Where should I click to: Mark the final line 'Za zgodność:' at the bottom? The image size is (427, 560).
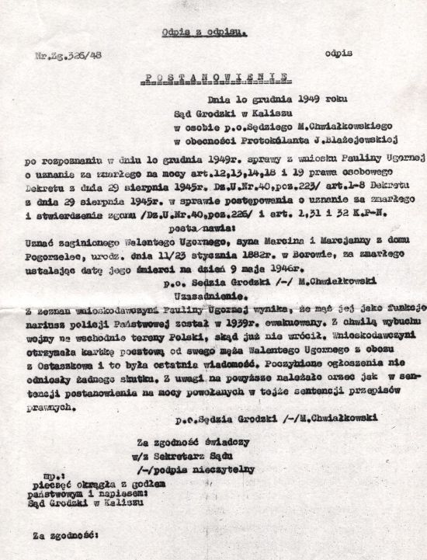(63, 535)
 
